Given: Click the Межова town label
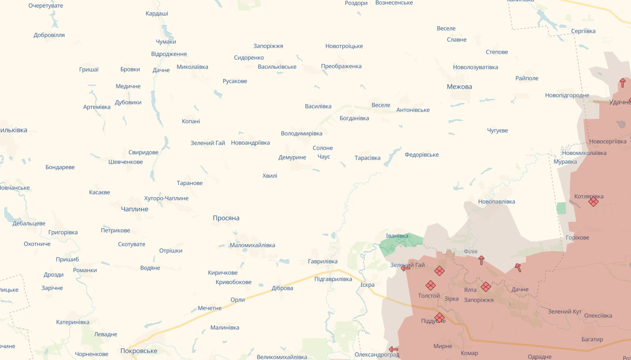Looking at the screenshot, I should (x=459, y=86).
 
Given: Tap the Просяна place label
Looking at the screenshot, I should (x=226, y=218).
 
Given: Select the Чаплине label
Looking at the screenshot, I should (x=135, y=209).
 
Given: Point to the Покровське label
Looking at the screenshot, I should (x=139, y=351).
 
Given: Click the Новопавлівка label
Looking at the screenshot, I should (x=496, y=202).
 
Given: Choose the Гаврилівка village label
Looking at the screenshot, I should (x=323, y=261).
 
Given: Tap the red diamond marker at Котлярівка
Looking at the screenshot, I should (x=593, y=202).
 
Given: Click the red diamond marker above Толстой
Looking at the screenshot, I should (x=430, y=285).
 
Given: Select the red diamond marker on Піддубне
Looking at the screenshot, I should (x=439, y=318).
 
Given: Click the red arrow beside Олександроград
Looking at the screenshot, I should (x=394, y=349).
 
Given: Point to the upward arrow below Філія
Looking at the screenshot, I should (x=481, y=260).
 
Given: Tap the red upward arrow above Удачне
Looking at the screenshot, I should (x=623, y=82).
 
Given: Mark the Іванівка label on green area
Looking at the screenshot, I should (x=397, y=236).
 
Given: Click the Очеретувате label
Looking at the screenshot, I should (x=46, y=6).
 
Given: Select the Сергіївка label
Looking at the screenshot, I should (x=583, y=31).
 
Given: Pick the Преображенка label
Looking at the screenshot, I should (x=341, y=66).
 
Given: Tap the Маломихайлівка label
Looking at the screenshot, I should (x=252, y=245).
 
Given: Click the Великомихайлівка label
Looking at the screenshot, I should (x=282, y=356).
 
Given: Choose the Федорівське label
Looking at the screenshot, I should (x=422, y=154).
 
